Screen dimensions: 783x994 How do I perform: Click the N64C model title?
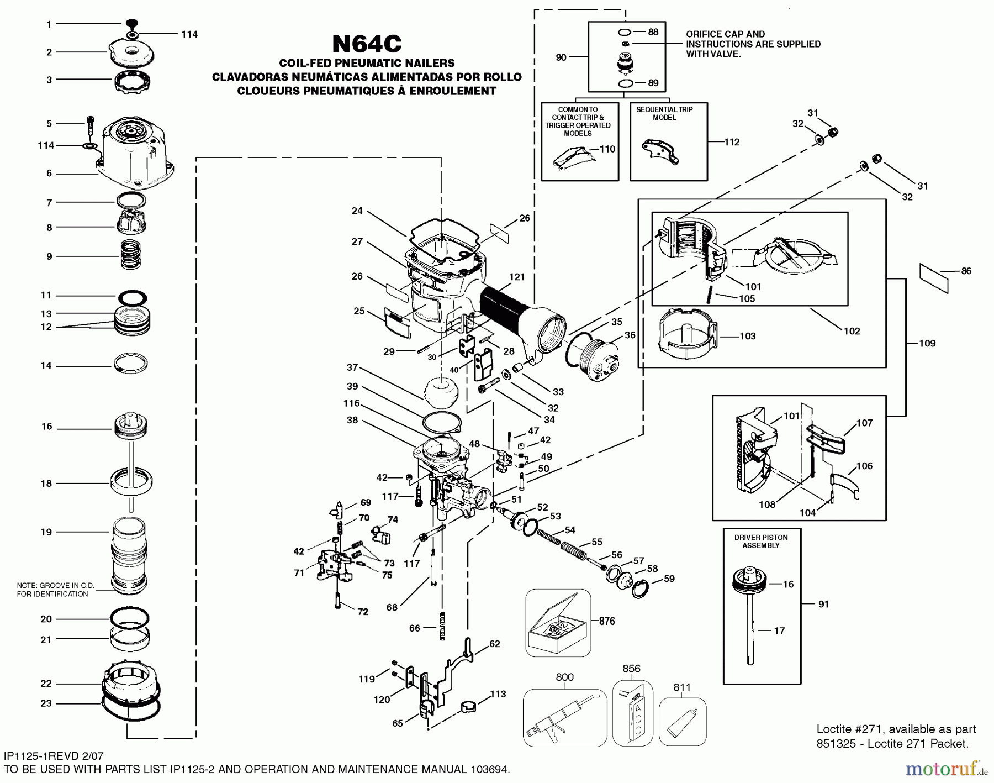click(x=366, y=44)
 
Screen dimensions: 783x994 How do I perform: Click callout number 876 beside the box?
click(x=607, y=621)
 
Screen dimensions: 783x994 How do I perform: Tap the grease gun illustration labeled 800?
click(x=564, y=717)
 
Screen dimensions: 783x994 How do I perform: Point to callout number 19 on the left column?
click(x=46, y=532)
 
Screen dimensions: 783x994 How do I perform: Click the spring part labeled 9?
click(x=130, y=255)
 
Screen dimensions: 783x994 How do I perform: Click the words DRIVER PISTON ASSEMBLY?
click(x=761, y=542)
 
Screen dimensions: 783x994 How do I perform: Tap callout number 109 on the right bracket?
click(x=927, y=344)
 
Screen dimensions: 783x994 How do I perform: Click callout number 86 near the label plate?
click(x=966, y=271)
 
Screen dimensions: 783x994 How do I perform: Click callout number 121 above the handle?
click(x=517, y=277)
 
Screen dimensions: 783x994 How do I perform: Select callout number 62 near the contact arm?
click(x=494, y=644)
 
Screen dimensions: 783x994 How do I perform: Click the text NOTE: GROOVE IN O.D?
click(x=55, y=585)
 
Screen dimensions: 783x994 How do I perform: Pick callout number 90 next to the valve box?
click(x=561, y=57)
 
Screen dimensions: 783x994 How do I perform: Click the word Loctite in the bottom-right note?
click(x=834, y=729)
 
